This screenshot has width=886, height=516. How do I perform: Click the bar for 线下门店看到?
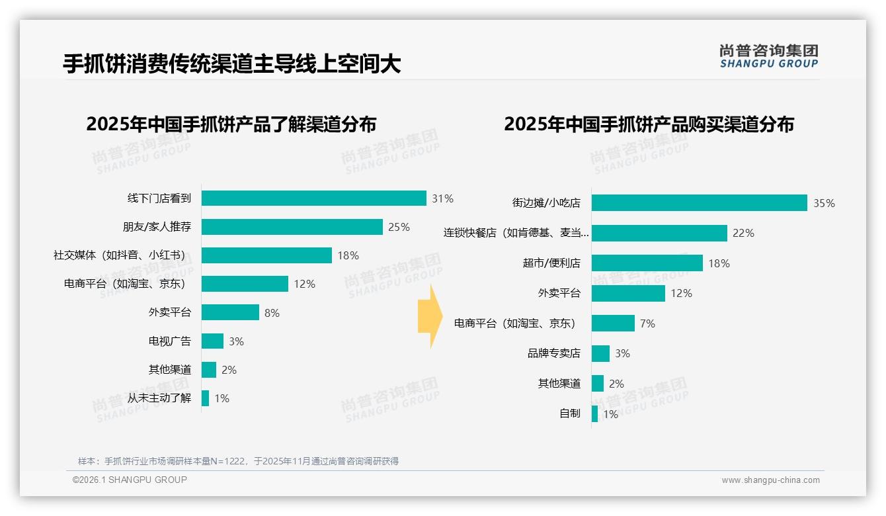[313, 198]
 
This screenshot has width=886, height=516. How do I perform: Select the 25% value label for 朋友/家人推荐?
[399, 227]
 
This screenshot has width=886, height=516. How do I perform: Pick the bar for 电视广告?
[212, 341]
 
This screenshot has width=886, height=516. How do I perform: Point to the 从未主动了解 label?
[159, 398]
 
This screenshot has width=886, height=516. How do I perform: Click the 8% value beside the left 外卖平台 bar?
[272, 313]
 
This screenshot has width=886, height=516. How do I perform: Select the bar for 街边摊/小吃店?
[699, 203]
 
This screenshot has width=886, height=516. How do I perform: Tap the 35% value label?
[824, 203]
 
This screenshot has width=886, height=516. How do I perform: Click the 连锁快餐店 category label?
[516, 233]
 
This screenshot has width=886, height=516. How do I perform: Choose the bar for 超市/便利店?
[647, 263]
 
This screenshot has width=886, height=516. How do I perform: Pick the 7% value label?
[647, 323]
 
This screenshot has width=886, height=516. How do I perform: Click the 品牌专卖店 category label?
[553, 353]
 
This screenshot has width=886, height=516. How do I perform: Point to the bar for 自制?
[594, 414]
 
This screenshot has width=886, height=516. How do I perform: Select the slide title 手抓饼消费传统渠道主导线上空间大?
[231, 64]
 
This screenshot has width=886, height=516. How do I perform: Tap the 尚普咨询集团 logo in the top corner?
[768, 56]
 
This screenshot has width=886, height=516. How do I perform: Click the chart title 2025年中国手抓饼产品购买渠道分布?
[649, 124]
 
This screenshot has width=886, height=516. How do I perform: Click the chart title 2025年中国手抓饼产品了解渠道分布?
[231, 124]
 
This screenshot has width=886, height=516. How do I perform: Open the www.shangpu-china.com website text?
[770, 480]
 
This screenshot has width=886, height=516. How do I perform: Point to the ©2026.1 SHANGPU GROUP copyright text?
[130, 480]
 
